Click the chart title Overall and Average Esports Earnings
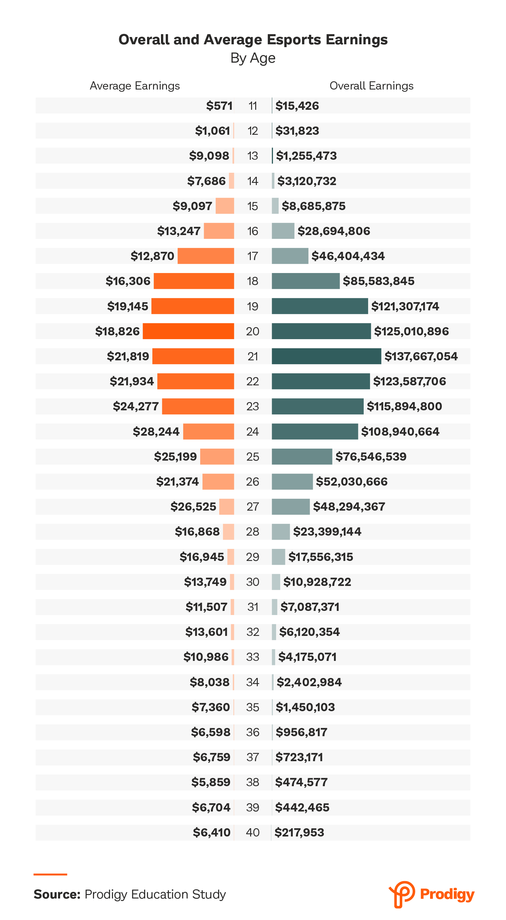tap(253, 40)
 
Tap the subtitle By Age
tap(253, 58)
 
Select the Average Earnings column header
tap(135, 86)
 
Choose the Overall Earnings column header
tap(371, 86)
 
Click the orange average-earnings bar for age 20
tap(188, 331)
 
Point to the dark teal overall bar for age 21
tap(326, 356)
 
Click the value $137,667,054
tap(421, 356)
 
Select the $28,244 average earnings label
tap(156, 432)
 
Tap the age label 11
tap(252, 106)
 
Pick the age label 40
tap(252, 832)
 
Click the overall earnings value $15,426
tap(297, 106)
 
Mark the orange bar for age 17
tap(206, 256)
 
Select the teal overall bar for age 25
tap(302, 457)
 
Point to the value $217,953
tap(299, 832)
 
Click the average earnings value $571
tap(219, 106)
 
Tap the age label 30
tap(252, 582)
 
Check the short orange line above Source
tap(50, 874)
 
